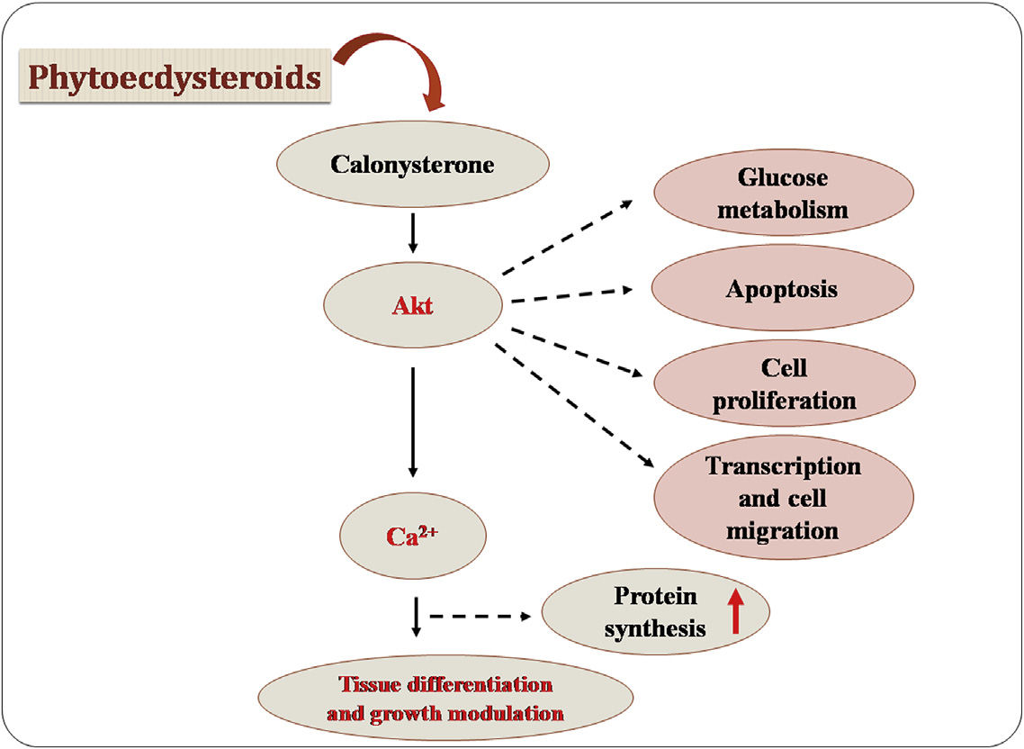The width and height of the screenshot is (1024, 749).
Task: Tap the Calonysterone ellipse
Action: click(413, 166)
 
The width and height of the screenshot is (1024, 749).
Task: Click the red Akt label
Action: click(413, 306)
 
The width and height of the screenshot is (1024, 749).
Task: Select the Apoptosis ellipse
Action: click(780, 290)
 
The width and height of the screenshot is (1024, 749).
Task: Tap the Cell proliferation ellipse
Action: click(784, 383)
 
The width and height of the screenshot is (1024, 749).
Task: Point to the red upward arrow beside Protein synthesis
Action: click(736, 609)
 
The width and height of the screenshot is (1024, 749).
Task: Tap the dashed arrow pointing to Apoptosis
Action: click(569, 296)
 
